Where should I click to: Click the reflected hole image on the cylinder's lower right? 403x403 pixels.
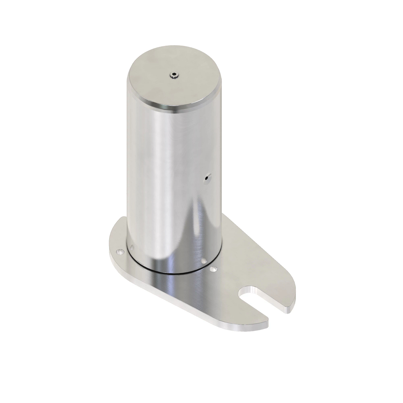(x=204, y=260)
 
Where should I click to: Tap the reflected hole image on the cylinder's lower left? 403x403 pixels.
(x=132, y=248)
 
